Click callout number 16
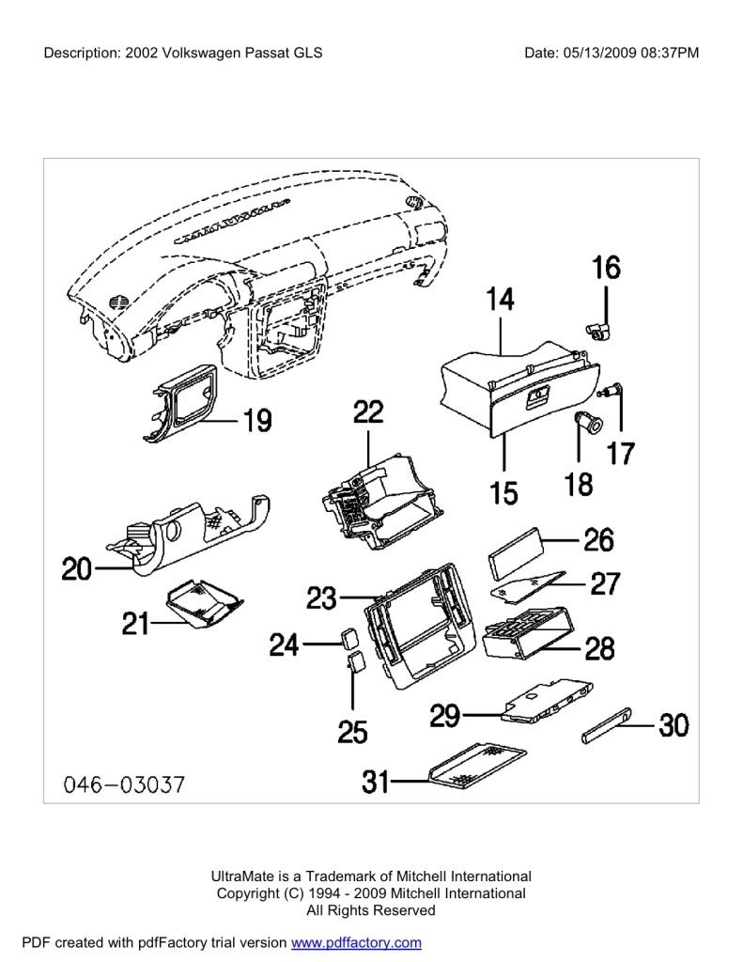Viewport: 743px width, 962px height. point(606,269)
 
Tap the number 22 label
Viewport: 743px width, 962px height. point(368,412)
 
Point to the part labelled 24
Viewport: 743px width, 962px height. point(348,639)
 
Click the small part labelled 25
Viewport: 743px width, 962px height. point(355,665)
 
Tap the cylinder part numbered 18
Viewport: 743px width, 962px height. point(589,425)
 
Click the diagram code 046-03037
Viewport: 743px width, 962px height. point(124,784)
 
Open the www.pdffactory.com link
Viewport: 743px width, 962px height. point(356,942)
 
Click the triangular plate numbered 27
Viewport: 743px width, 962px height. point(527,586)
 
